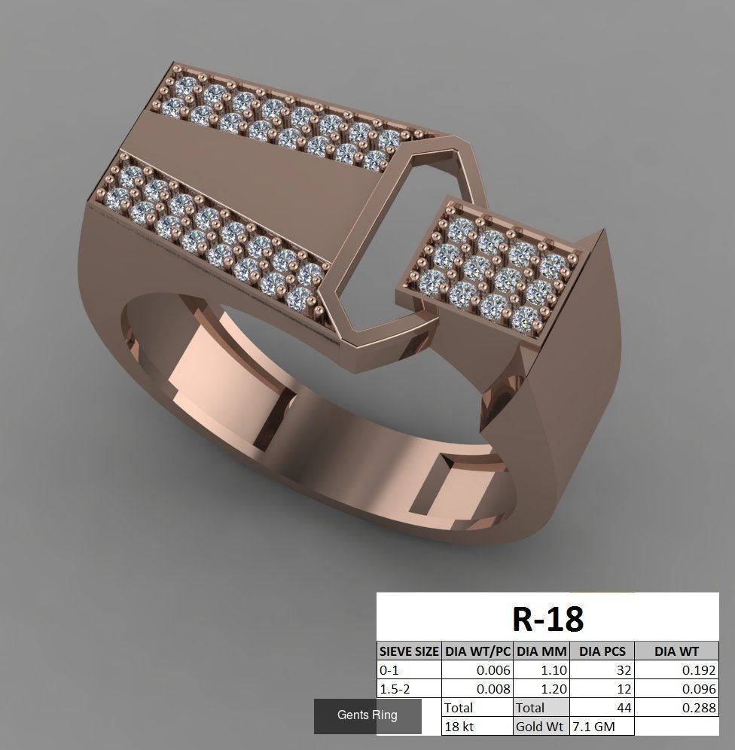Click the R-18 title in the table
[x=547, y=618]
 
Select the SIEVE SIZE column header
[x=409, y=651]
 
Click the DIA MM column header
[x=541, y=651]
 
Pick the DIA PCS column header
[x=602, y=651]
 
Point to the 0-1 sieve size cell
[x=409, y=669]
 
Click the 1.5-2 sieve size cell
[x=409, y=688]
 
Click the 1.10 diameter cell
[x=541, y=669]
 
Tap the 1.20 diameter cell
[x=541, y=688]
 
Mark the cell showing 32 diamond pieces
[x=602, y=669]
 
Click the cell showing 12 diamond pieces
[x=602, y=688]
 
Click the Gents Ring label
[x=367, y=715]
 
